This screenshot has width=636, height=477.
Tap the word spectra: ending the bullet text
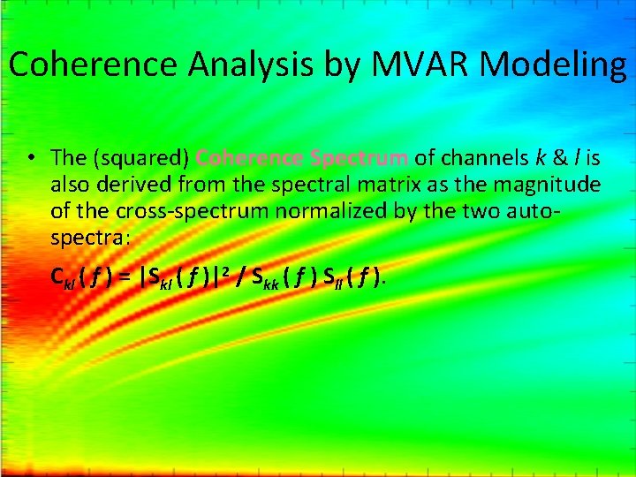[x=91, y=238]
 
